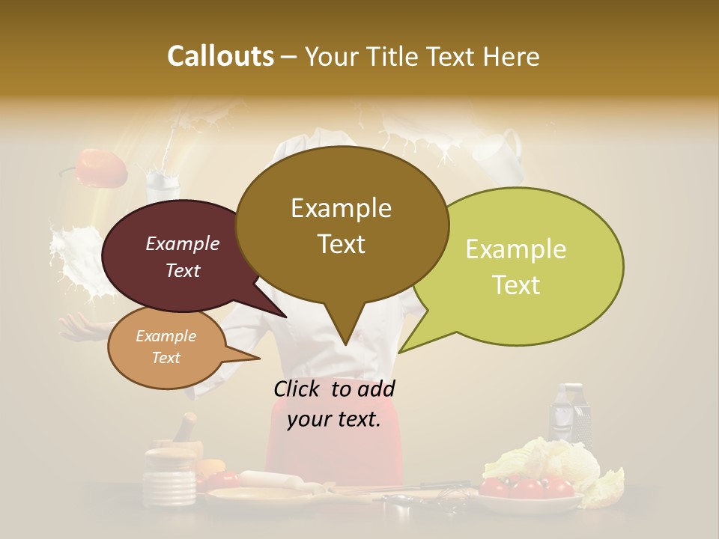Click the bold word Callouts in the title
(220, 56)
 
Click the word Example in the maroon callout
(182, 243)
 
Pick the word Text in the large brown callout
(342, 244)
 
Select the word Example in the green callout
(516, 249)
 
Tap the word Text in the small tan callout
(166, 358)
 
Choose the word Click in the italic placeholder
(298, 389)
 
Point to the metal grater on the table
(569, 415)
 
